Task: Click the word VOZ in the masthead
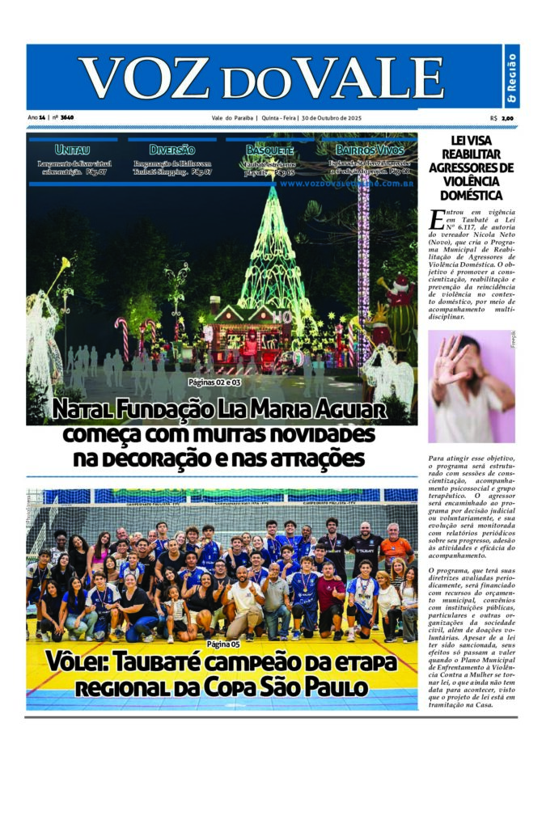141,78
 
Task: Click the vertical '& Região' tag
511,77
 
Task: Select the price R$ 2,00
502,118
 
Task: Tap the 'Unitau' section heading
72,150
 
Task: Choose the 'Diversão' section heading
171,150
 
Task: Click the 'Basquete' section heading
269,150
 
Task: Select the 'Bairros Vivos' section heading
370,150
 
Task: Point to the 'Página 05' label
223,644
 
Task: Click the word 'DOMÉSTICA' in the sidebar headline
471,195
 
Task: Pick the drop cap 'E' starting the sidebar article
438,218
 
